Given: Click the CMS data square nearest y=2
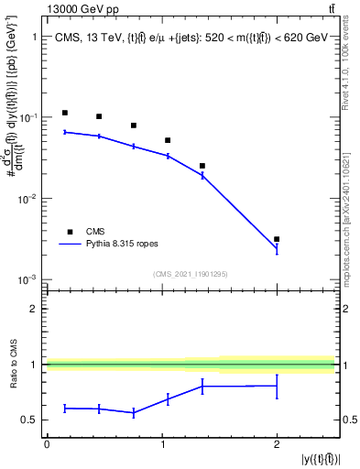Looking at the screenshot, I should click(x=277, y=239).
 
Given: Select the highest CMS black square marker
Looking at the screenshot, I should click(x=65, y=113).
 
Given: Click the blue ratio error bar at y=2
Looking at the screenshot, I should click(x=277, y=386).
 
